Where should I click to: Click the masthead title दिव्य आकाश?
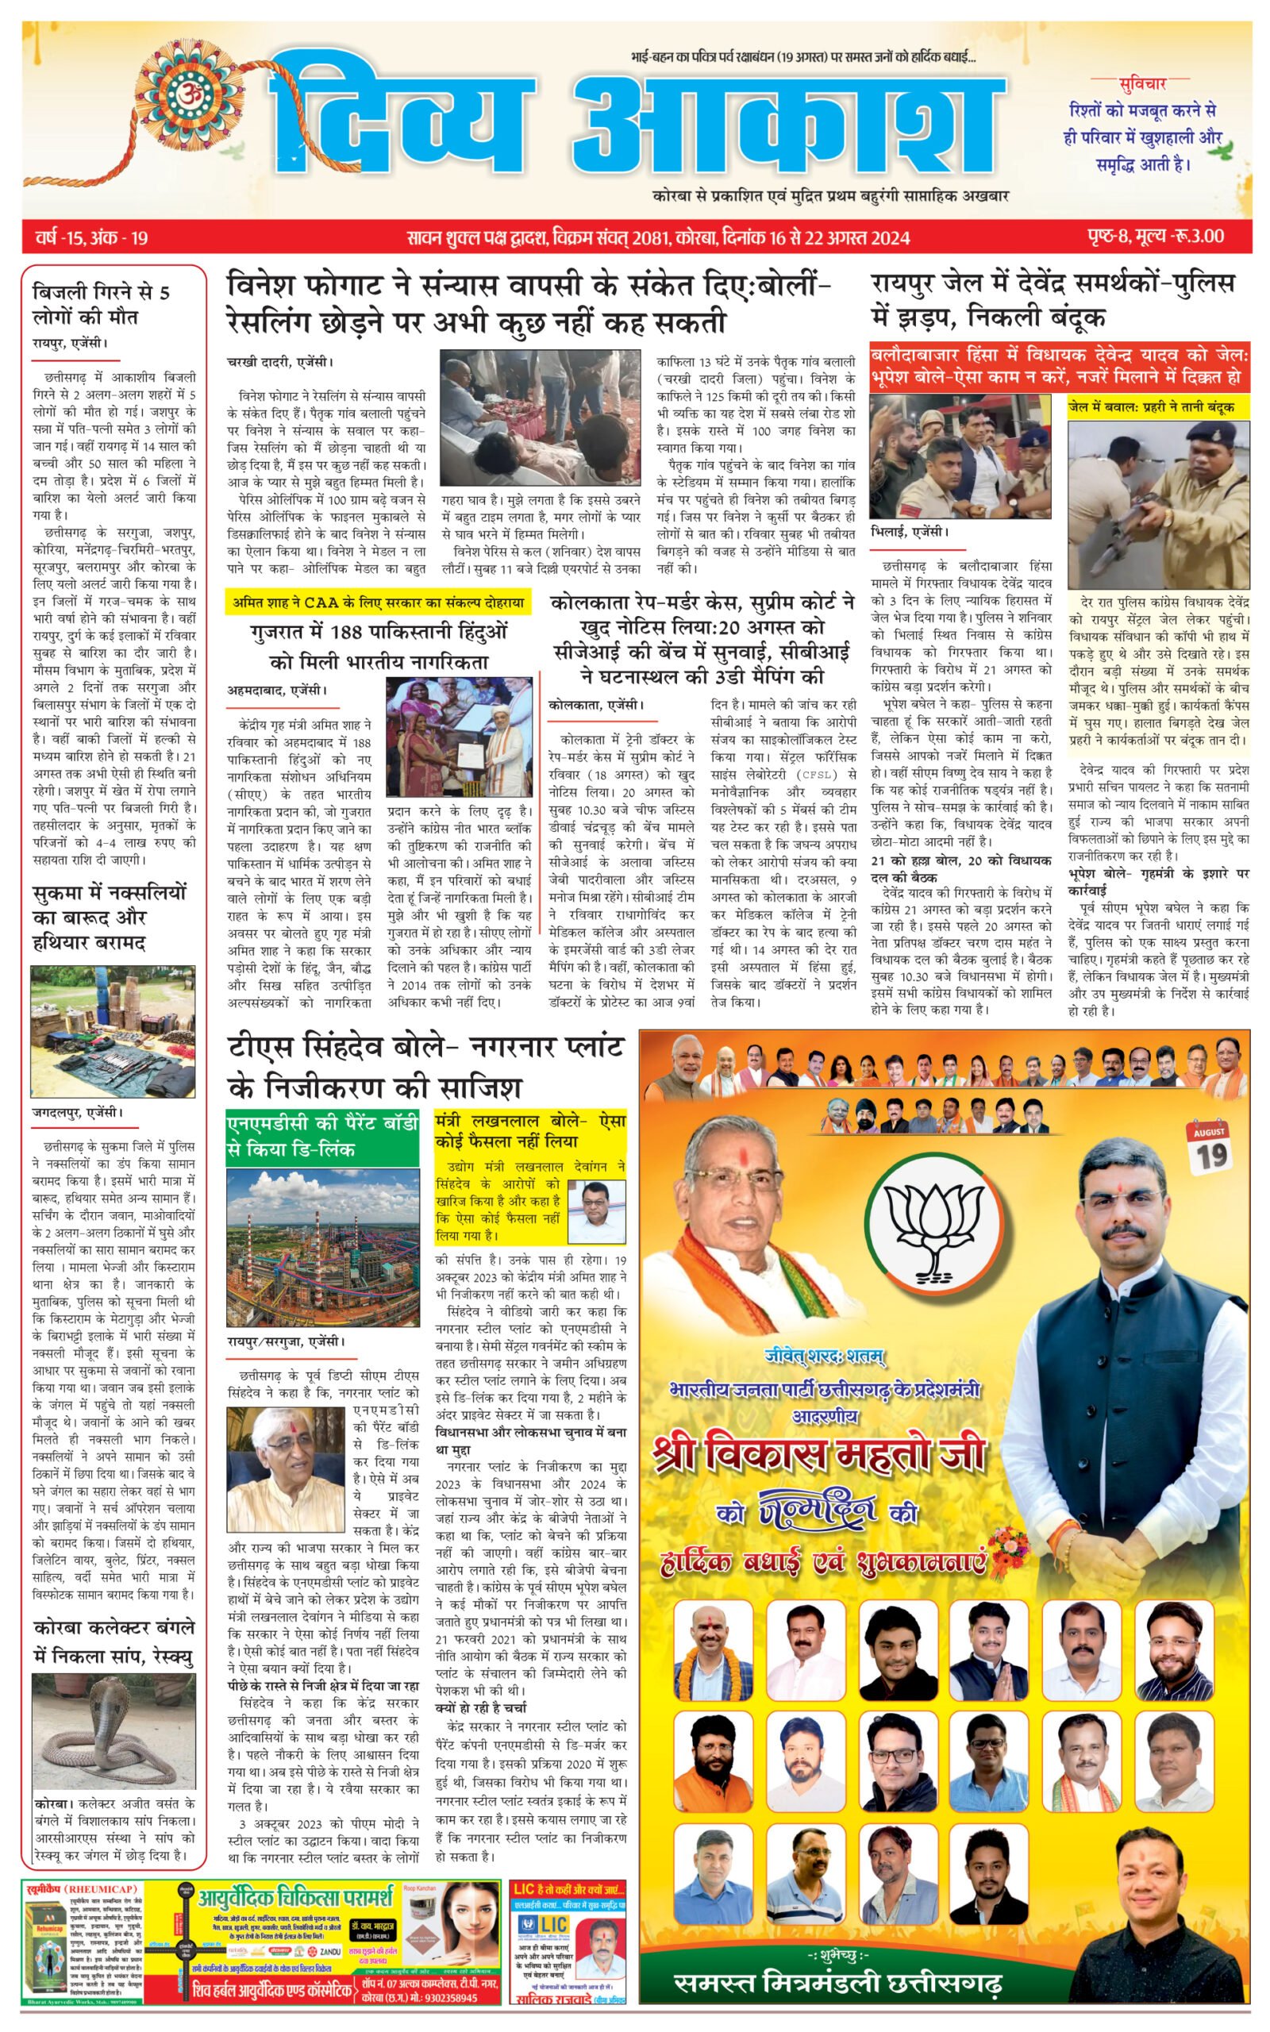click(x=638, y=114)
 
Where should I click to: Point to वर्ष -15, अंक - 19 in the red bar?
click(x=91, y=237)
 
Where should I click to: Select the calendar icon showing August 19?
click(x=1209, y=1147)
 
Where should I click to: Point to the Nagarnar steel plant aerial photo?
click(x=322, y=1245)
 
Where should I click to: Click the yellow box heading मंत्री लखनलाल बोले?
click(x=530, y=1131)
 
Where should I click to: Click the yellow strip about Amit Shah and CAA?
click(x=378, y=602)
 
